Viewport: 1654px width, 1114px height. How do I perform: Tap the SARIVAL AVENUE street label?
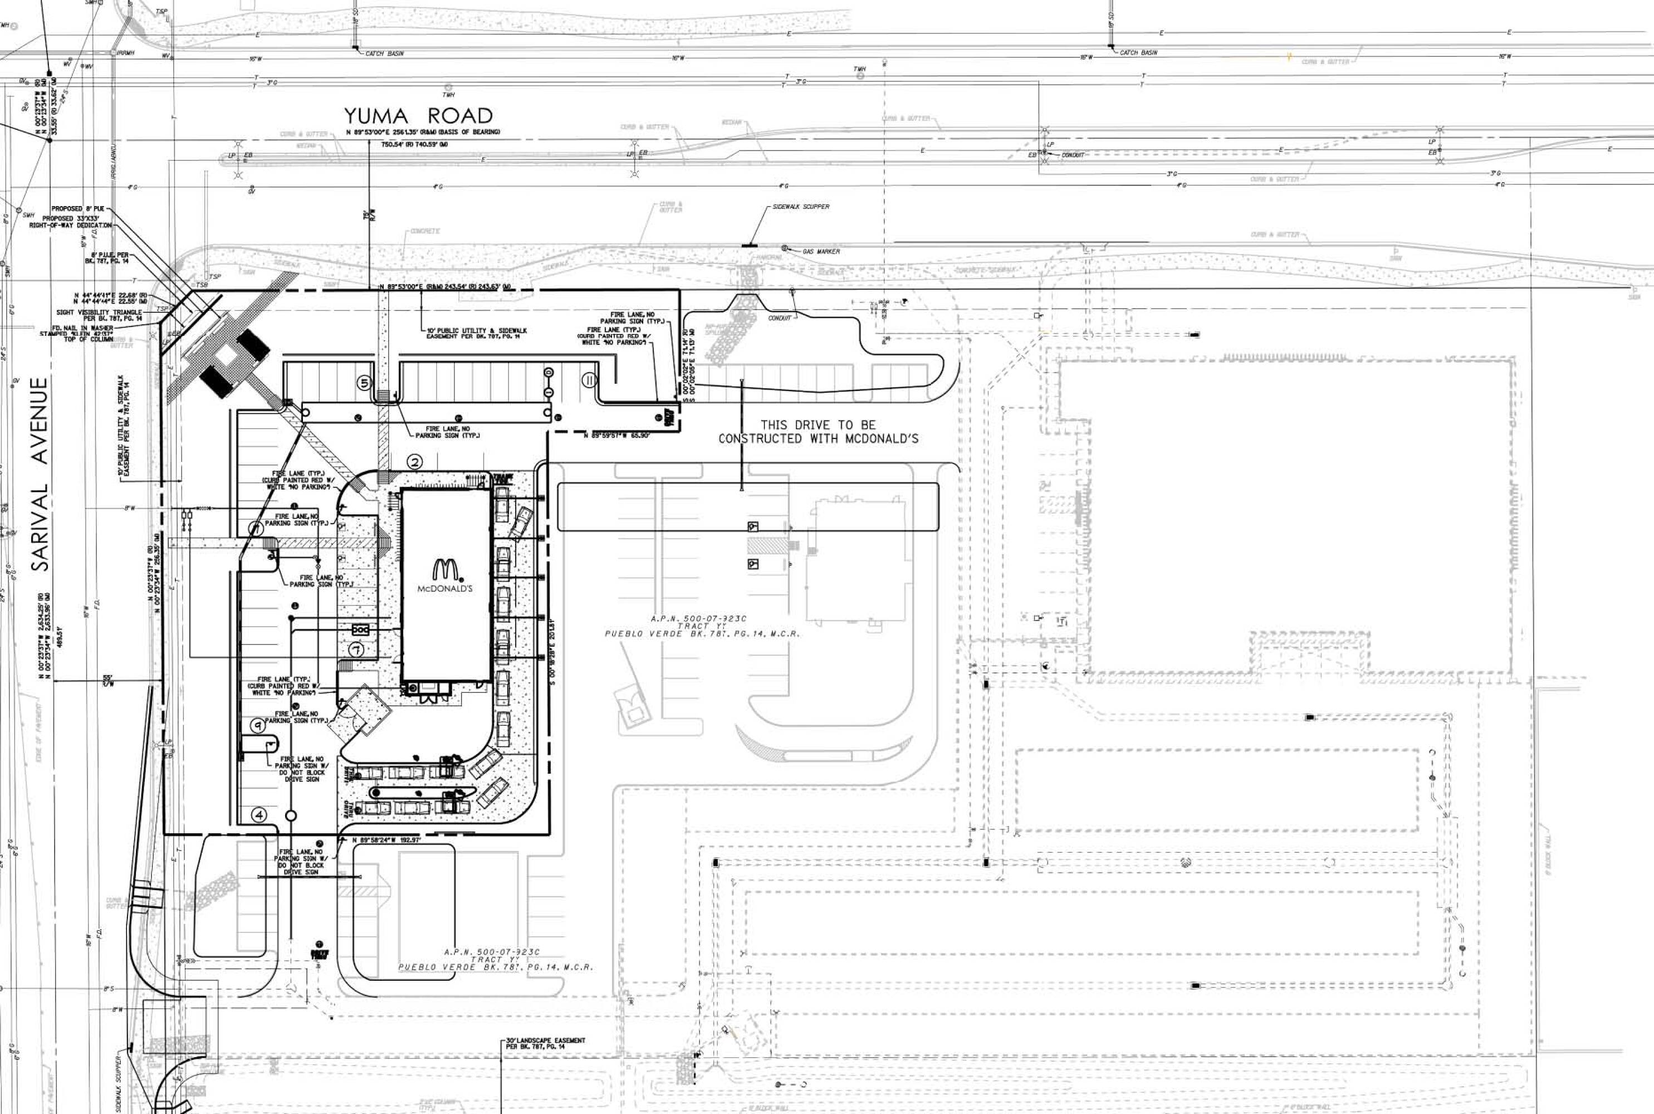point(41,474)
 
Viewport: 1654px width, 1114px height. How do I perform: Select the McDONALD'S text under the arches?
point(444,589)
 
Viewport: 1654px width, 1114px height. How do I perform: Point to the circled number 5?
point(364,383)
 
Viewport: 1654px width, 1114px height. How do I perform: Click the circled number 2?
point(415,462)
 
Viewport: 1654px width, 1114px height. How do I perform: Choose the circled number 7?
point(356,649)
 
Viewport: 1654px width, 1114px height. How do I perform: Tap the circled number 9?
point(258,725)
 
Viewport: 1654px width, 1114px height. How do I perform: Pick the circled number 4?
point(259,815)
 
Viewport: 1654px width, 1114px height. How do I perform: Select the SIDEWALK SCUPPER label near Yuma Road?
point(800,207)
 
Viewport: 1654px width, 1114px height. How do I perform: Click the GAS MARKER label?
point(821,252)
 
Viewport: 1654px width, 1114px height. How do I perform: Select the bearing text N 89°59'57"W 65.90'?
point(616,436)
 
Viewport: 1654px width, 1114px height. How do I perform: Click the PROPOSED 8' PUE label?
point(77,209)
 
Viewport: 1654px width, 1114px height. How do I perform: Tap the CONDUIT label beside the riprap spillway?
point(779,318)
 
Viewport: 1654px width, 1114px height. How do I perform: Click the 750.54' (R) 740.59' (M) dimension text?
point(414,145)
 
